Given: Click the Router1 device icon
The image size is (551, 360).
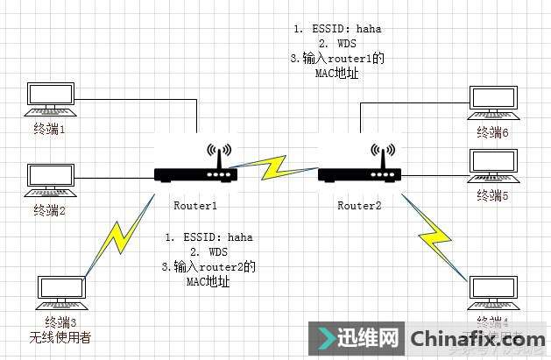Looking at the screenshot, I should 197,174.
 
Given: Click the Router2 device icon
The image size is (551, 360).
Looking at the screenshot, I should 360,174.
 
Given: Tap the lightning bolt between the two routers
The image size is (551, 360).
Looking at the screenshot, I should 276,168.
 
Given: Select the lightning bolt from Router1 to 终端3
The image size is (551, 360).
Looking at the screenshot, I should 122,240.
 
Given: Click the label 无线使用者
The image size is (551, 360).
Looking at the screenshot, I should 60,338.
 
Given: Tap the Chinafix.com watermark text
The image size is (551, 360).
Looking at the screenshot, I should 477,338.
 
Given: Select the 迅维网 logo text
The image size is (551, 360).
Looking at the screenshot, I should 357,338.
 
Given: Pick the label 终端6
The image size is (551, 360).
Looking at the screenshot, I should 492,132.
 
